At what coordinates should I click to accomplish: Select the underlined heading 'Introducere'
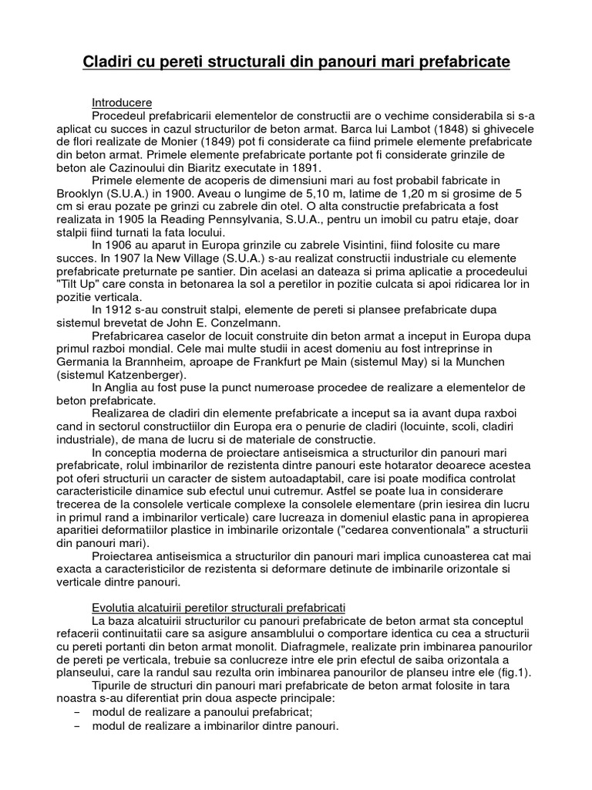(122, 103)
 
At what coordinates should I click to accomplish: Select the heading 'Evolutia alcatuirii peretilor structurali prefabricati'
(218, 608)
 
